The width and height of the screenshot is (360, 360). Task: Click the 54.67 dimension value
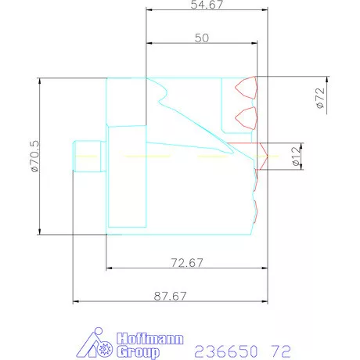point(206,5)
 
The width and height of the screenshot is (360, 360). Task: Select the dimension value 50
point(202,38)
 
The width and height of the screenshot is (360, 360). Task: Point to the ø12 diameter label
point(296,157)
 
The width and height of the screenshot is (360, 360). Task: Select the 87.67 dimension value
point(171,295)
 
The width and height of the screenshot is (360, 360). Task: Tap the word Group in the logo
point(138,352)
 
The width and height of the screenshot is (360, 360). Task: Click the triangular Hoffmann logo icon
point(98,344)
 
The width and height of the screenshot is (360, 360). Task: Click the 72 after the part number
point(280,350)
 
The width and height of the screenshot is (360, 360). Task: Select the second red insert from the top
point(247,117)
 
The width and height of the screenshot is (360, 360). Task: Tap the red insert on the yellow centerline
point(261,156)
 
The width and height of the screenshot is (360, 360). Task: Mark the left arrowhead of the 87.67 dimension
point(77,301)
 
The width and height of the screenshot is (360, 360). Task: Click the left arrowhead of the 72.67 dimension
point(110,268)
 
